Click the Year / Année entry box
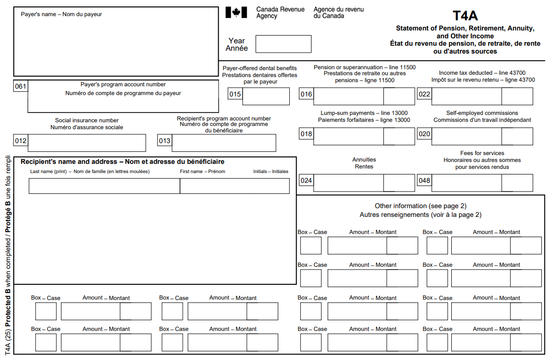click(283, 44)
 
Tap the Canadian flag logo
click(236, 12)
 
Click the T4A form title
click(465, 16)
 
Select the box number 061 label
click(21, 86)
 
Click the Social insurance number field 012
click(87, 143)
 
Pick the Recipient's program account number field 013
click(224, 143)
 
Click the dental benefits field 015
click(266, 96)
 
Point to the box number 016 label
click(306, 95)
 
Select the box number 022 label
click(424, 95)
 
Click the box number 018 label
click(306, 134)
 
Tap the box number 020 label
click(424, 134)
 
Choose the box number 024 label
click(306, 181)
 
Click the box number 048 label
click(424, 181)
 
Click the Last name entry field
click(104, 186)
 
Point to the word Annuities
click(364, 160)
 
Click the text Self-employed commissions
click(482, 113)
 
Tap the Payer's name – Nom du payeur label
click(61, 14)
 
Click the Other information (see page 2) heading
click(420, 206)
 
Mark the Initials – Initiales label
click(270, 172)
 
